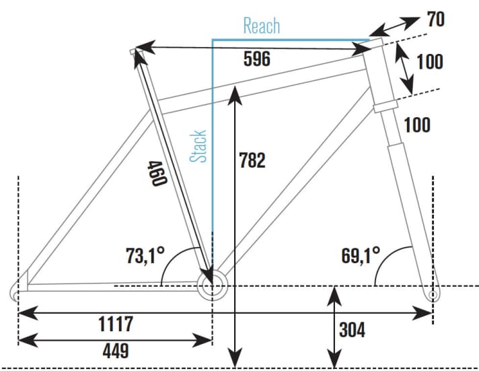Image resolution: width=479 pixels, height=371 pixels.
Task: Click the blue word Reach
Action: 262,26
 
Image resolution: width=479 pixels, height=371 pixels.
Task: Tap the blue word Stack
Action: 198,146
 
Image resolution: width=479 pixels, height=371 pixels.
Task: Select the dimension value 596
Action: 257,59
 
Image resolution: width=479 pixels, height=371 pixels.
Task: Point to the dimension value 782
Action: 252,160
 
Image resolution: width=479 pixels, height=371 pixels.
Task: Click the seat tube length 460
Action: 157,174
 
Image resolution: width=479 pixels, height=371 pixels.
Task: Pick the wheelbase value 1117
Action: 116,324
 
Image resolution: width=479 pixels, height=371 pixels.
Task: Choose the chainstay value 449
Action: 116,351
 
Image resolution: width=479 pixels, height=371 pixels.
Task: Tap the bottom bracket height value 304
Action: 353,330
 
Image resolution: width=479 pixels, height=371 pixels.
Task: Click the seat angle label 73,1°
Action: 145,255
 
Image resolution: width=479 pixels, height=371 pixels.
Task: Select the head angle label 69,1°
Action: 361,255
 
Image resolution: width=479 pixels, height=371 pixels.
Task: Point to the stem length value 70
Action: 436,19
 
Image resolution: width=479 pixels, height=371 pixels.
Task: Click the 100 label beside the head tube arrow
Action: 430,61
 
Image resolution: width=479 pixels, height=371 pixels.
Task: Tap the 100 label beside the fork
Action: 417,125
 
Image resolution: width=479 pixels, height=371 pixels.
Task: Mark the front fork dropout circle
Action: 433,295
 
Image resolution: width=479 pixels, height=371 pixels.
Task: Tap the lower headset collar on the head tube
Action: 385,106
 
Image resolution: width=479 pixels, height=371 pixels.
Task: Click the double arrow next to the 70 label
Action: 394,27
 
